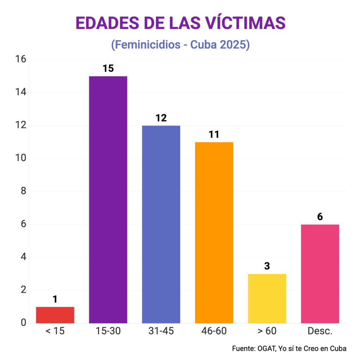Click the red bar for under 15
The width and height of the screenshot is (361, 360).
tap(55, 315)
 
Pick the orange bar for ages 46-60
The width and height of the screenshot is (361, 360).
tap(214, 232)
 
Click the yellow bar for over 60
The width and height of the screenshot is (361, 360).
tap(267, 298)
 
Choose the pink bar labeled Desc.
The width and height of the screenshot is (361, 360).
tap(320, 274)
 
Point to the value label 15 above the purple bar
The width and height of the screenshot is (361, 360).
tap(108, 68)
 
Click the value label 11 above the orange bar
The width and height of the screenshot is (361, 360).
tap(214, 134)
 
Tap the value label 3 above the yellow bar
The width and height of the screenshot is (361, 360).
tap(267, 266)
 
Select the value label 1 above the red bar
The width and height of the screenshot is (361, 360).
tap(55, 299)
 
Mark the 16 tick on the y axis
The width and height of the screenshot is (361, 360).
tap(21, 59)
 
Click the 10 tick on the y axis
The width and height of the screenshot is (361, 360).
tap(21, 158)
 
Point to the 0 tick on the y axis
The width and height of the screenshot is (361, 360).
tap(23, 323)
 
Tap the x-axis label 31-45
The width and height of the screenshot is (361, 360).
tap(161, 331)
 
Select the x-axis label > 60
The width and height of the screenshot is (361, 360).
tap(267, 331)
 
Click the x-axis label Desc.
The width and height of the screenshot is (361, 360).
tap(320, 331)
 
